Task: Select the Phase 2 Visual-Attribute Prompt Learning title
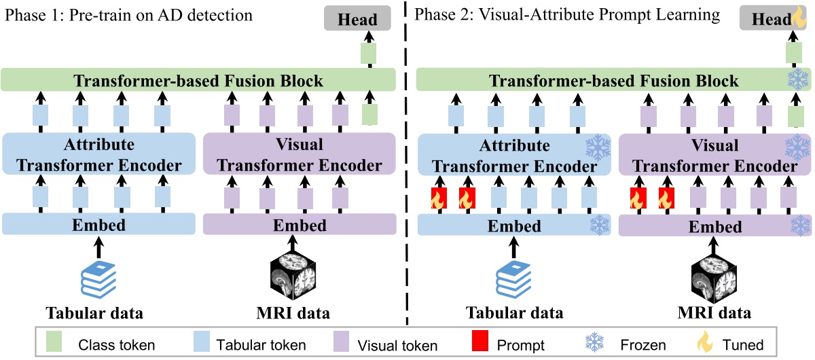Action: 566,15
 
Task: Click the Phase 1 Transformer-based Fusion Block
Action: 198,81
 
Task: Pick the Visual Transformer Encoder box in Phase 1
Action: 300,155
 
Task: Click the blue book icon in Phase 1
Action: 101,278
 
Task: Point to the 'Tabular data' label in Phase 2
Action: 514,313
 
